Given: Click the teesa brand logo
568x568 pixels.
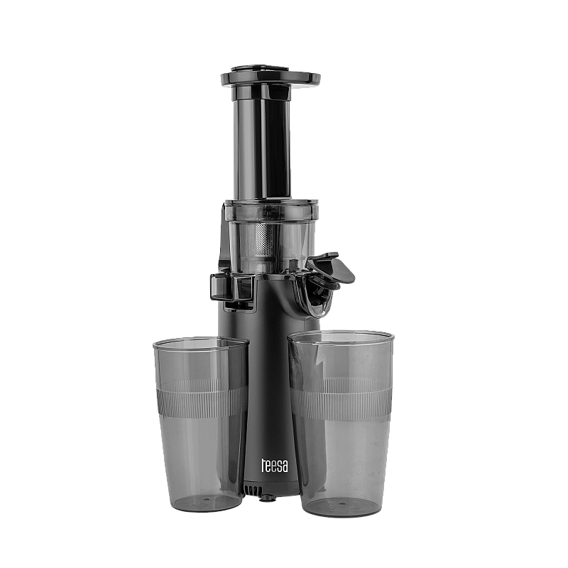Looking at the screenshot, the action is click(x=275, y=466).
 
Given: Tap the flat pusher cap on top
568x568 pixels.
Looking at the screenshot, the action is click(x=271, y=77).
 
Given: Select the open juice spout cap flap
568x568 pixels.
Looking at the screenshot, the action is click(x=330, y=268).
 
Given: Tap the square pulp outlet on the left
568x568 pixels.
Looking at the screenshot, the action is click(x=233, y=288).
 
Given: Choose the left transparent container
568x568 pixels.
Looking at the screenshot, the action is click(x=202, y=424).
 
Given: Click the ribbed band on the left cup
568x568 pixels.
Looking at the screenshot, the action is click(x=202, y=398).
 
